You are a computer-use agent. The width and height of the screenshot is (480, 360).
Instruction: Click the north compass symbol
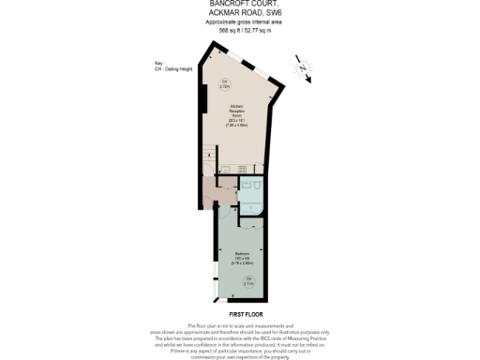tap(302, 67)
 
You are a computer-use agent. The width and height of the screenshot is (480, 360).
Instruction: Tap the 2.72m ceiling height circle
tap(225, 84)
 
